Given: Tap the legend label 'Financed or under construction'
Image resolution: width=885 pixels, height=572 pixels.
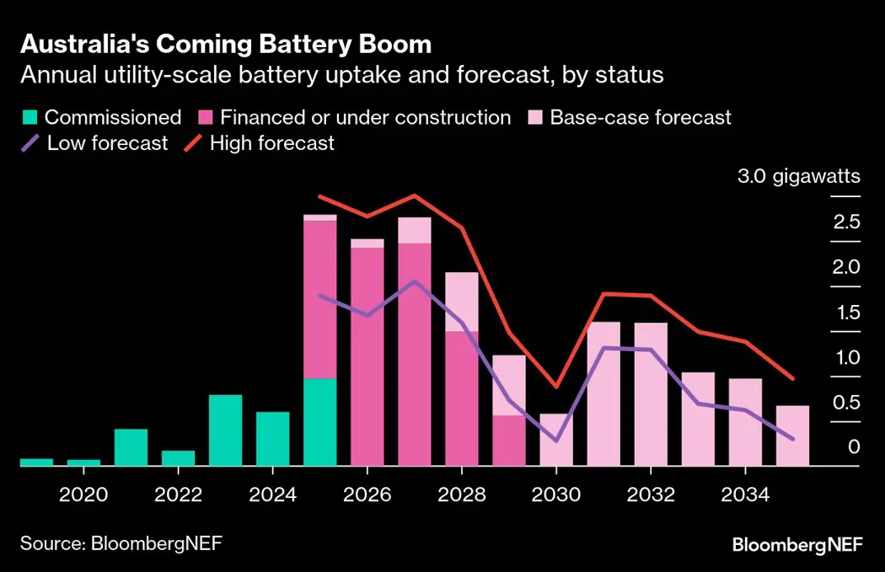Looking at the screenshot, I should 365,117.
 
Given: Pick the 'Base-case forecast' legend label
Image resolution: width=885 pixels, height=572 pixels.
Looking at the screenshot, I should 641,117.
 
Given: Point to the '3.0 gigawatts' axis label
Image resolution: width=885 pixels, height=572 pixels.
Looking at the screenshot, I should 798,177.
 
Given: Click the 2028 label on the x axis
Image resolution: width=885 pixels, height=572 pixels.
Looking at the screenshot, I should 462,492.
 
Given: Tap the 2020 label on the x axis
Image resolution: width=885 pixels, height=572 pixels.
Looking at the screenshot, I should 83,492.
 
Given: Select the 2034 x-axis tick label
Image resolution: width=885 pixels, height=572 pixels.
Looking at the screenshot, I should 745,492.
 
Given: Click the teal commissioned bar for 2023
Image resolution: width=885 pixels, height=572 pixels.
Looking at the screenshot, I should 225,430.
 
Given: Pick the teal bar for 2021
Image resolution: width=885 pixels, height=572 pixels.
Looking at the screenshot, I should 131,446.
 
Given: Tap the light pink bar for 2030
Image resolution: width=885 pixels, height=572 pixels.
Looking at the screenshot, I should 556,439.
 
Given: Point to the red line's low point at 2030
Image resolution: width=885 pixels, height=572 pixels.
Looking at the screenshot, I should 556,387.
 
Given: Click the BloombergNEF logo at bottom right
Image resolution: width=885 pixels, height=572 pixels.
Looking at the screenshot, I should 797,544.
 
